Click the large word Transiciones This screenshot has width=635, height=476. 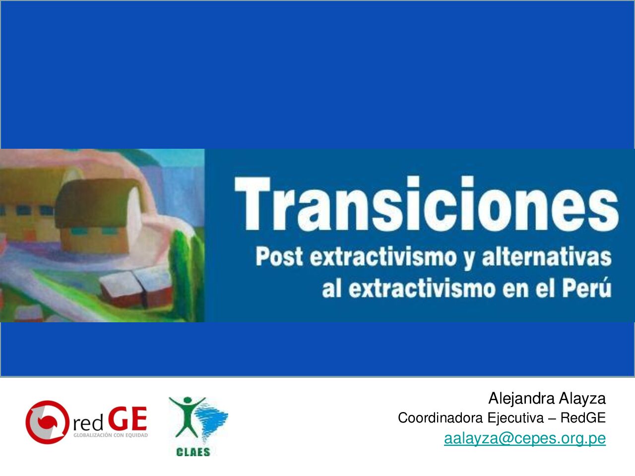(x=426, y=204)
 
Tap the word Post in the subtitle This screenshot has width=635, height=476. (x=279, y=257)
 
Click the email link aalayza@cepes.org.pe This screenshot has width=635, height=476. (x=525, y=438)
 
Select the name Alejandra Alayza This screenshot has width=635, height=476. (x=547, y=398)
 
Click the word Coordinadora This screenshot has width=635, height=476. (x=441, y=417)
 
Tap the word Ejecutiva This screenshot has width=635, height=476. (x=515, y=418)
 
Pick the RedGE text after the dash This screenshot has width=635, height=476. (x=583, y=417)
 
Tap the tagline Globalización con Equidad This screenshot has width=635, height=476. (x=111, y=435)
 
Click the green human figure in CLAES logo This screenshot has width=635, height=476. (x=188, y=416)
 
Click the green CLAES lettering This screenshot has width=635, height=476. (x=193, y=452)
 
